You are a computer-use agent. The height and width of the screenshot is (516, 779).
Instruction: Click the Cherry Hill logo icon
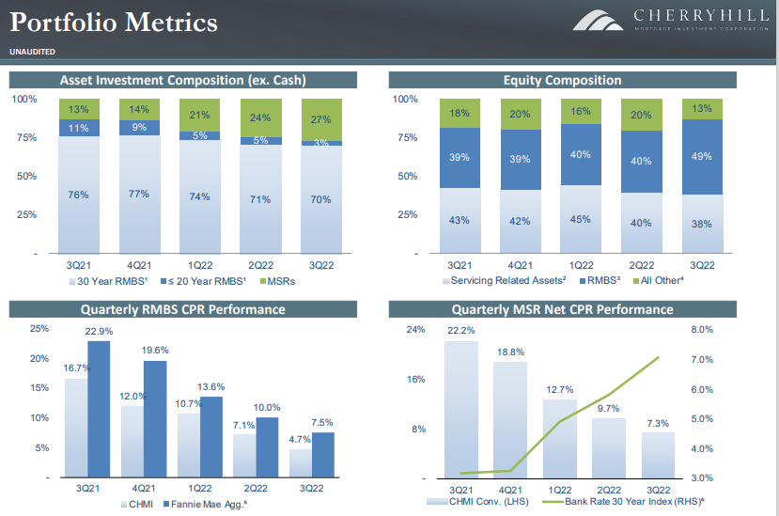(x=598, y=20)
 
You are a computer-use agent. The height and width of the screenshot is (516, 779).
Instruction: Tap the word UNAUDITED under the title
(x=33, y=51)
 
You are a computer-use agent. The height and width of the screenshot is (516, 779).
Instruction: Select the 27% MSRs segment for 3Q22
(x=321, y=119)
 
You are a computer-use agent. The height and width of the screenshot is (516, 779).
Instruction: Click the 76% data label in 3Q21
(x=78, y=195)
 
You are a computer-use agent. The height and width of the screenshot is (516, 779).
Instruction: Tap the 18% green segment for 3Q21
(x=460, y=114)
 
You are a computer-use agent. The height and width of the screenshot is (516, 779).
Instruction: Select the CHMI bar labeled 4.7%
(x=300, y=463)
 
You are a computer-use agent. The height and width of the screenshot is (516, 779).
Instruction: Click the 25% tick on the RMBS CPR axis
(x=39, y=328)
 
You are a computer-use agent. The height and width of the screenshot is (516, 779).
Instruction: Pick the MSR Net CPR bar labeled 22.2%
(x=461, y=410)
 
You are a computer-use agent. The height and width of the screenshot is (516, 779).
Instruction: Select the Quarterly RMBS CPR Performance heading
(x=183, y=309)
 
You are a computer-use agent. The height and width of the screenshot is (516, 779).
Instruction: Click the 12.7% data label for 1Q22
(x=560, y=390)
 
